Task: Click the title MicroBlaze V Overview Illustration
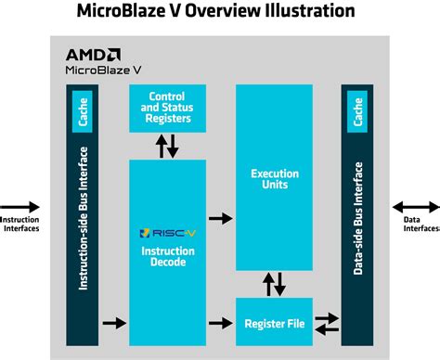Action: click(x=219, y=12)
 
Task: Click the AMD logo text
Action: click(x=91, y=54)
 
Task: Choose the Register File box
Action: click(x=276, y=323)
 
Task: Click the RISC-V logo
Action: click(x=160, y=234)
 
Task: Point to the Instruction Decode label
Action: click(x=167, y=256)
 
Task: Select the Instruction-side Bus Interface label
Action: click(x=82, y=218)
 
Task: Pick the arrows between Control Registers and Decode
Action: click(x=167, y=145)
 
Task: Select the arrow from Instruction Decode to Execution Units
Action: click(x=221, y=218)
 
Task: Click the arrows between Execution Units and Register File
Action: click(x=276, y=284)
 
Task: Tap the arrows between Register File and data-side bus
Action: click(x=328, y=323)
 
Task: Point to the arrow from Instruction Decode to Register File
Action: click(x=221, y=323)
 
